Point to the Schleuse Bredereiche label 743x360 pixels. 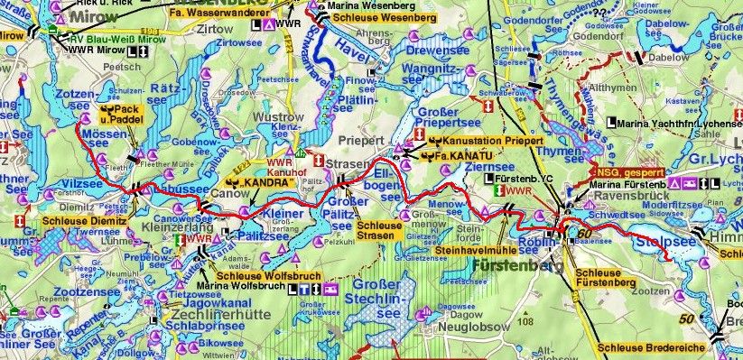click(x=654, y=348)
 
